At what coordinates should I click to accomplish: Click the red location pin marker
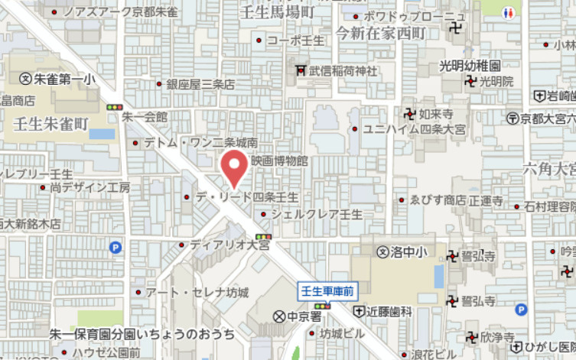click(234, 167)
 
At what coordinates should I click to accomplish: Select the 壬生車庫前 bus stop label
click(327, 290)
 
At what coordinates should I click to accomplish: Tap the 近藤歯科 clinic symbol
click(360, 311)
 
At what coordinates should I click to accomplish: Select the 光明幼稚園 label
click(470, 66)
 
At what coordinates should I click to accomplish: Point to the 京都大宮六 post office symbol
click(512, 118)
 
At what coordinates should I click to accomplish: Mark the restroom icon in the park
click(509, 14)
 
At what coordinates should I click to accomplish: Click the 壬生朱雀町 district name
click(50, 122)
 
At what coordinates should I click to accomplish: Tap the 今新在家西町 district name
click(379, 33)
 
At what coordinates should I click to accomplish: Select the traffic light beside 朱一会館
click(115, 107)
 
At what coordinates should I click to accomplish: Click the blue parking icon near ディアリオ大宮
click(116, 247)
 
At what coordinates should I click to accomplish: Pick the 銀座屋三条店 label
click(200, 84)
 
